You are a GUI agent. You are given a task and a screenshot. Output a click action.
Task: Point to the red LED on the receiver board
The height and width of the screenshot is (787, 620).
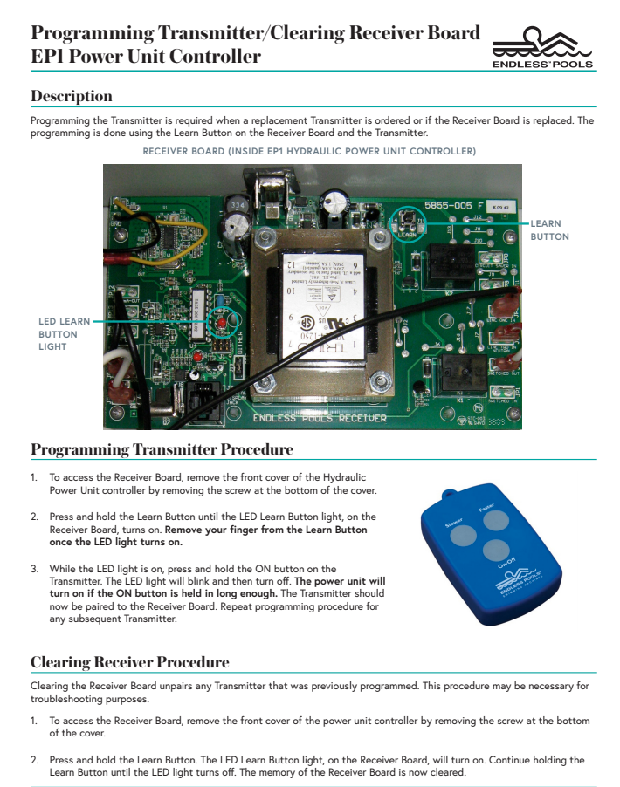click(x=221, y=323)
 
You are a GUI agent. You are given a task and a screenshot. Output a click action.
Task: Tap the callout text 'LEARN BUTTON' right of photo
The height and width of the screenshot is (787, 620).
click(x=549, y=230)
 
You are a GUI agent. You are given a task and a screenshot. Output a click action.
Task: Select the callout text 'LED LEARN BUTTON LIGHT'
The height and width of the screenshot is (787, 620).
click(x=64, y=334)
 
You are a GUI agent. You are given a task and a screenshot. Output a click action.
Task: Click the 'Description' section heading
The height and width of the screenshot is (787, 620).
click(x=72, y=95)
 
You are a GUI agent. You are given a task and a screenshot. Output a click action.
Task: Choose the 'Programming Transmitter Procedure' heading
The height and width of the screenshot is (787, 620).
click(x=162, y=449)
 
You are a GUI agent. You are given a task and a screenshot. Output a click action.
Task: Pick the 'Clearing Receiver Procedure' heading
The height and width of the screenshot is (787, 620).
click(x=130, y=662)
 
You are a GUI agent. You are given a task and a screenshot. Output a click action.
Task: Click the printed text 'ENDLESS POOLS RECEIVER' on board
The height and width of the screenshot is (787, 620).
click(x=320, y=419)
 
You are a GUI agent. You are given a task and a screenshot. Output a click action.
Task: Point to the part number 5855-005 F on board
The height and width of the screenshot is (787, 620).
click(x=454, y=205)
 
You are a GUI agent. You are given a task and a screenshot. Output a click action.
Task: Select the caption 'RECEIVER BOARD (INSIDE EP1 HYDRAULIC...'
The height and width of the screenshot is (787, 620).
click(x=309, y=151)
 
